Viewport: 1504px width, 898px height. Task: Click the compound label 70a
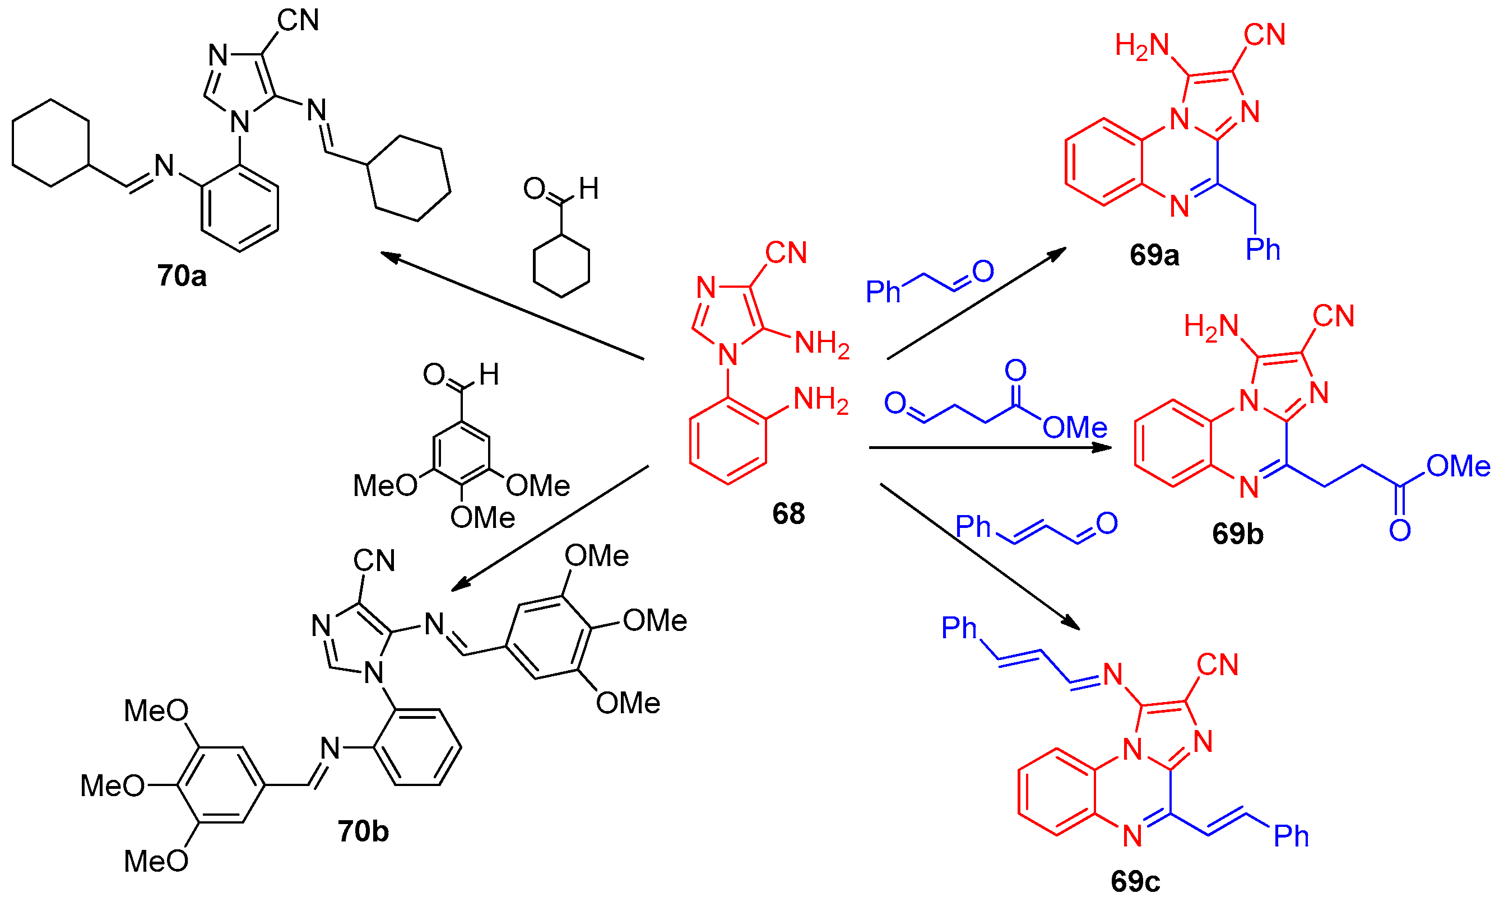click(182, 276)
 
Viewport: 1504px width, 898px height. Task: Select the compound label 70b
click(363, 831)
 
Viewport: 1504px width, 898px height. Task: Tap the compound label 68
click(788, 514)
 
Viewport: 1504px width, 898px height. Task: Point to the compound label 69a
click(1154, 255)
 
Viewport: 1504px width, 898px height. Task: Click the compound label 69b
click(1238, 534)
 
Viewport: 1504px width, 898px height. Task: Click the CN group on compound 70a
click(298, 21)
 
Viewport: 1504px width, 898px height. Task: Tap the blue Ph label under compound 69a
click(1263, 249)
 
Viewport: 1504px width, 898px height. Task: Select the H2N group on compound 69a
click(1142, 46)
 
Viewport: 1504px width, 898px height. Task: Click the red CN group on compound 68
click(786, 253)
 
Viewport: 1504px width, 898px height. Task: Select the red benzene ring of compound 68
click(728, 441)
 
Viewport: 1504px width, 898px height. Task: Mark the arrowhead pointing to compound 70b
click(461, 583)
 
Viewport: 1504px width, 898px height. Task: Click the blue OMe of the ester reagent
click(1075, 428)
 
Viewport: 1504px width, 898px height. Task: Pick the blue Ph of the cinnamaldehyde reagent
click(973, 526)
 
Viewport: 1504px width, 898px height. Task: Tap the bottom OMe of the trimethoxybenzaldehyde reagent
click(482, 517)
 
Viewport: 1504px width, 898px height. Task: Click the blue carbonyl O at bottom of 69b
click(1400, 531)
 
